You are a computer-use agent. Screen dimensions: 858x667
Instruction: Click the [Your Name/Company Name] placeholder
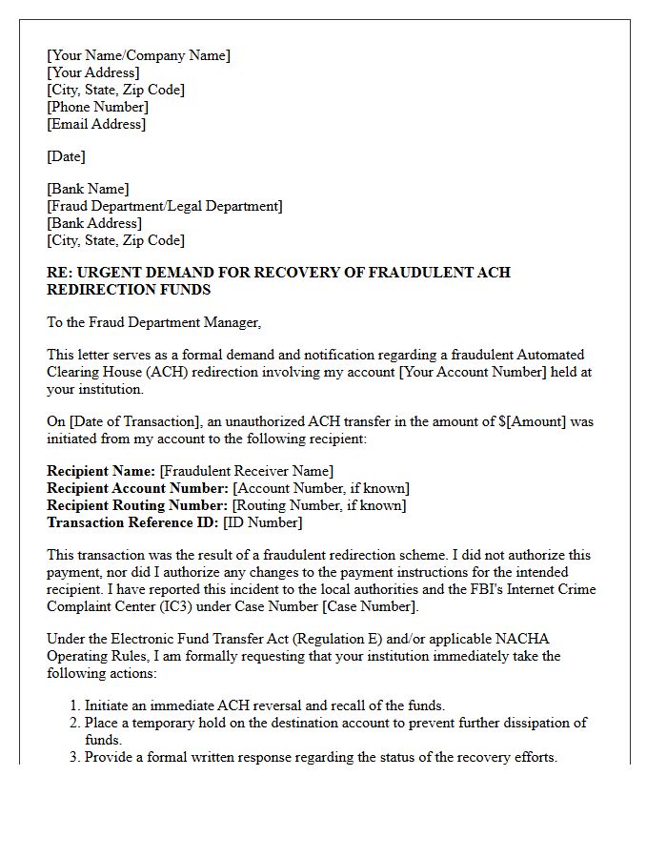pos(138,55)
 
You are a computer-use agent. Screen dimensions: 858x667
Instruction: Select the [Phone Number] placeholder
pos(97,107)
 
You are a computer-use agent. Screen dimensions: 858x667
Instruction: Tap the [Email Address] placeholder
pos(96,124)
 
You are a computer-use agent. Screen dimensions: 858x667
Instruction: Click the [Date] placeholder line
pos(66,156)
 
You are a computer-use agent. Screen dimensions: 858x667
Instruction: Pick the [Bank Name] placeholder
pos(88,189)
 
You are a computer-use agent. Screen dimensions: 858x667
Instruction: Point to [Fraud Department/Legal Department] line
pos(164,206)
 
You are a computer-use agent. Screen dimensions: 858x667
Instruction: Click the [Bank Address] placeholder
pos(94,223)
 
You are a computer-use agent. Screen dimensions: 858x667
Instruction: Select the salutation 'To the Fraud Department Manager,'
pos(153,322)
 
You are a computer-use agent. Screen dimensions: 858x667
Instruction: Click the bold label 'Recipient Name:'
pos(101,471)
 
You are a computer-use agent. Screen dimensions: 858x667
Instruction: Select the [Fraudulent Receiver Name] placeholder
pos(246,471)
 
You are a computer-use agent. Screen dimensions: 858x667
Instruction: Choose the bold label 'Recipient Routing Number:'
pos(137,505)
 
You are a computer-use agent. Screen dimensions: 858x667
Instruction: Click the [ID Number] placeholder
pos(262,522)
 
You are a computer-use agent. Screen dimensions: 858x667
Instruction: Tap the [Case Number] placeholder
pos(368,606)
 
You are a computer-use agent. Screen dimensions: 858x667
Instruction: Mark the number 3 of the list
pos(73,757)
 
